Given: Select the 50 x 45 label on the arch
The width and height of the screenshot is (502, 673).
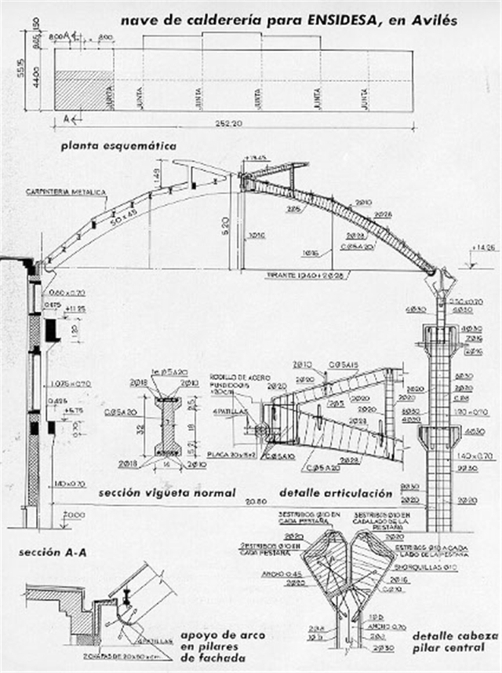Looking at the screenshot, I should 123,213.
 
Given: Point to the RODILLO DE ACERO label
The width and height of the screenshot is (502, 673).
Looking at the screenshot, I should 236,376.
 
